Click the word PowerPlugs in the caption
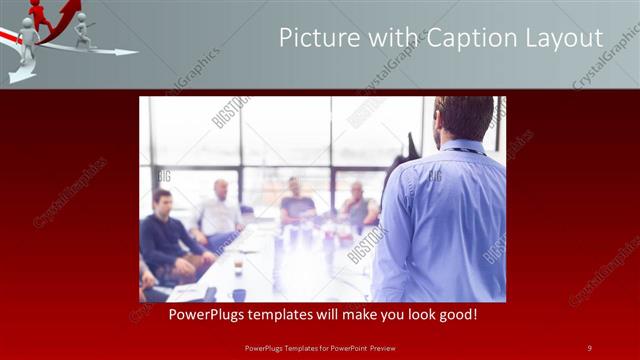(x=204, y=314)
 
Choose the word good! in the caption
(x=456, y=314)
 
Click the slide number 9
(x=589, y=347)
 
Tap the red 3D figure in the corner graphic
(x=41, y=14)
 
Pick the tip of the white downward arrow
(x=20, y=78)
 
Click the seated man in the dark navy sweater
(x=162, y=235)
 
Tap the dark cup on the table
(x=238, y=294)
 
